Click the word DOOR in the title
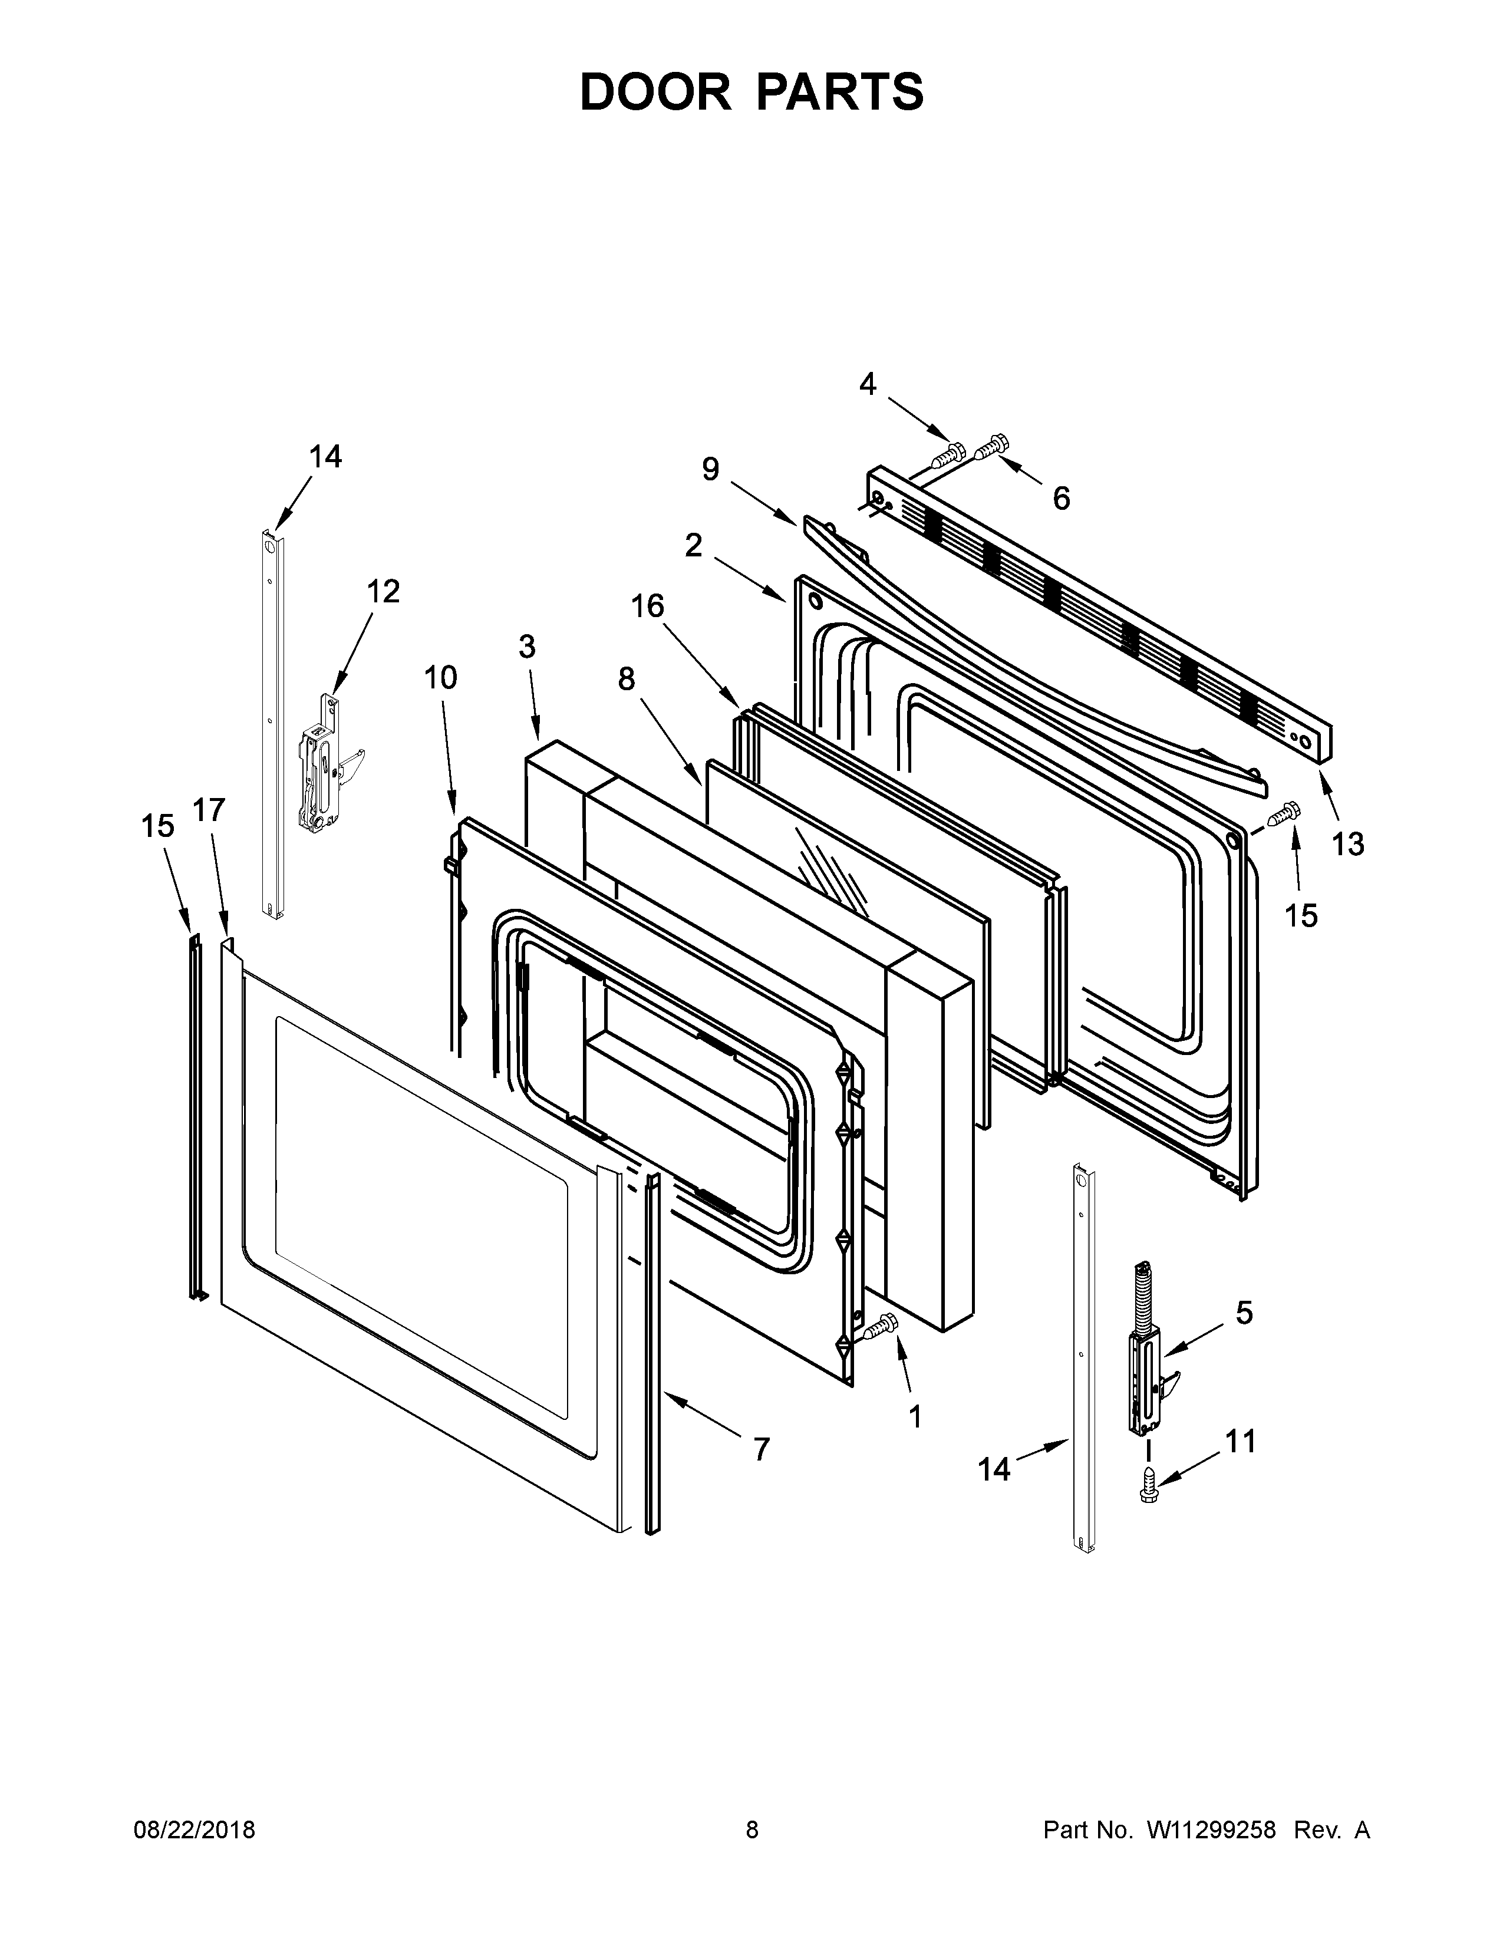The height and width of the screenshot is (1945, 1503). [x=654, y=92]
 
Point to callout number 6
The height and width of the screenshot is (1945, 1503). [x=1060, y=499]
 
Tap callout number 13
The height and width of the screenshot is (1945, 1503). [x=1347, y=843]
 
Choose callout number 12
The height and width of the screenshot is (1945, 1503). [x=384, y=591]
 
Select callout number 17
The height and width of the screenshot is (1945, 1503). [x=209, y=810]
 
